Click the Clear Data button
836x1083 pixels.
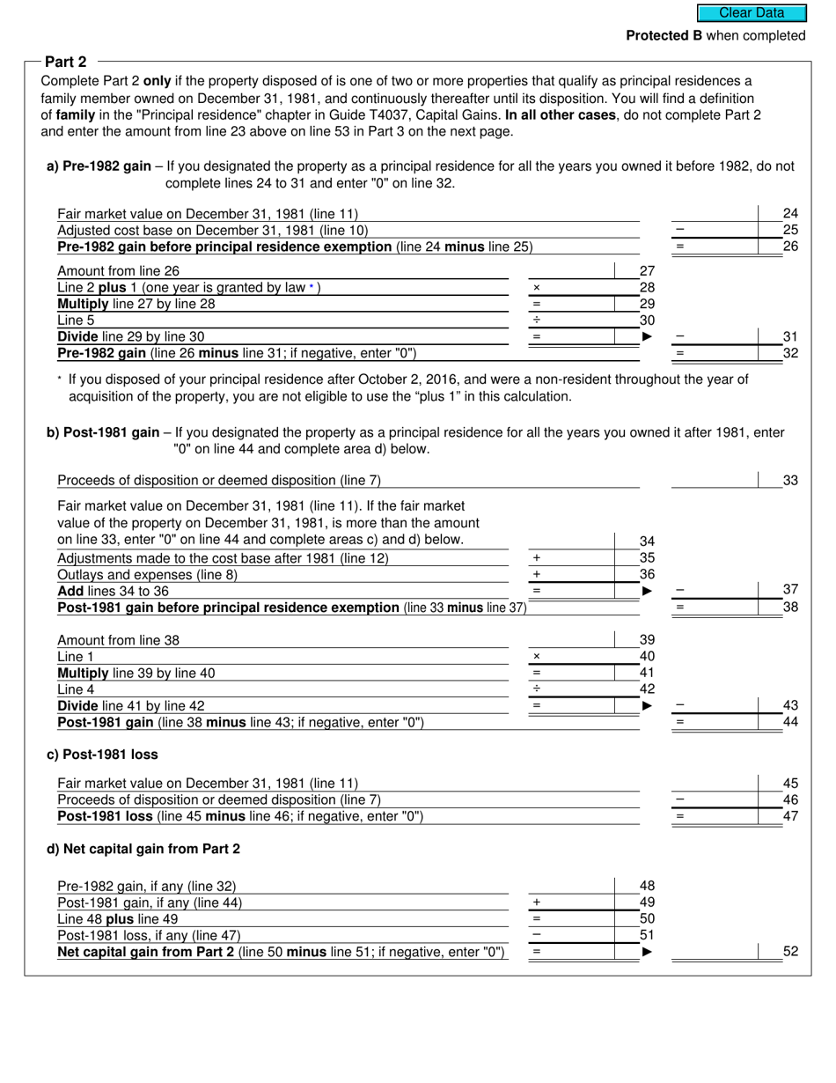tap(752, 13)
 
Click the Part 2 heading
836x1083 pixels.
tap(66, 62)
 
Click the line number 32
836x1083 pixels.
tap(790, 353)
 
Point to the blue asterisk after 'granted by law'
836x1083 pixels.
tap(311, 287)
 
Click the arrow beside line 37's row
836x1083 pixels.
tap(648, 591)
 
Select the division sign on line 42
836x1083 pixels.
tap(537, 689)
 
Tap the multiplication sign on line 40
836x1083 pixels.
tap(537, 657)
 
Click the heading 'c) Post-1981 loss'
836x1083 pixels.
tap(102, 755)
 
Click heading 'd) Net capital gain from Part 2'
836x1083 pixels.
tap(143, 849)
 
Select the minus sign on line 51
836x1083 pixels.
tap(537, 935)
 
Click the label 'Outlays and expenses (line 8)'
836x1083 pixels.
tap(147, 575)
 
